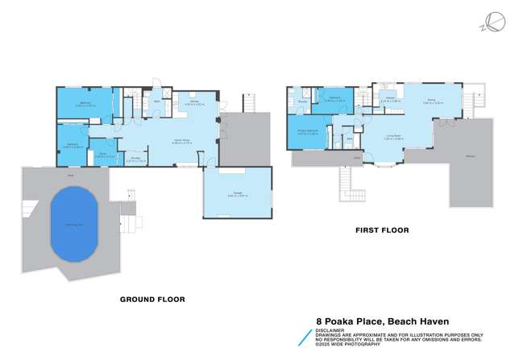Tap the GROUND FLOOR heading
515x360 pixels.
click(x=152, y=300)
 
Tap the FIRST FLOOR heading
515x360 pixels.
click(x=382, y=230)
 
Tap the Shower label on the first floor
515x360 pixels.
click(x=303, y=102)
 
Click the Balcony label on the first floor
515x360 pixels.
click(x=469, y=156)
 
